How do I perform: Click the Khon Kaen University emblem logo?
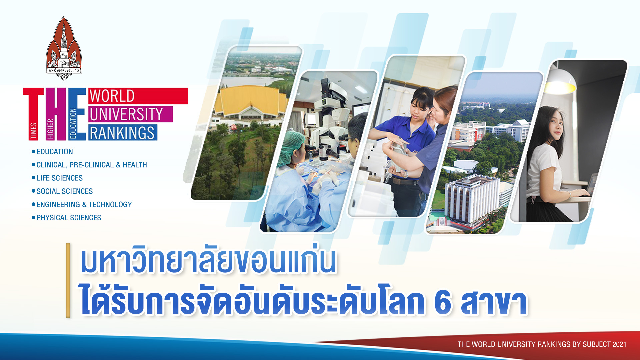click(x=64, y=48)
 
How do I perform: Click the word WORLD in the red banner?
click(x=112, y=96)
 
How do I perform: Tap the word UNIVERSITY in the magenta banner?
click(x=126, y=114)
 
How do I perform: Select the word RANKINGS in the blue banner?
click(x=122, y=133)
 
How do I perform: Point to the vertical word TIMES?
click(x=34, y=131)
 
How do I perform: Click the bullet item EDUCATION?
click(x=55, y=152)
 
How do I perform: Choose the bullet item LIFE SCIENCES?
click(x=60, y=178)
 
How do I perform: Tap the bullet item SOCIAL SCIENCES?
click(x=65, y=191)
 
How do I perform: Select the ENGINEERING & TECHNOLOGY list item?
click(x=84, y=204)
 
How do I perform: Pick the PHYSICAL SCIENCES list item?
click(x=69, y=218)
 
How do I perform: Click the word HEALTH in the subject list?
click(x=135, y=165)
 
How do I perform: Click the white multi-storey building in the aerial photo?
click(x=472, y=200)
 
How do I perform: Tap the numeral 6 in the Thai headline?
click(x=443, y=303)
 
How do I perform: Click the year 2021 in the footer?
click(x=619, y=344)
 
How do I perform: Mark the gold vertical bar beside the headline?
click(x=68, y=280)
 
